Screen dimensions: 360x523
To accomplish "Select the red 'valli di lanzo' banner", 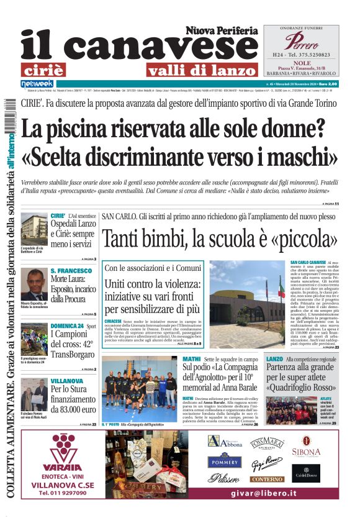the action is (201, 70).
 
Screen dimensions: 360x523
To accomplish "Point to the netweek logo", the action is (37, 84).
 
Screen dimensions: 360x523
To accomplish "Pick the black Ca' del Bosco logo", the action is (306, 473).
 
